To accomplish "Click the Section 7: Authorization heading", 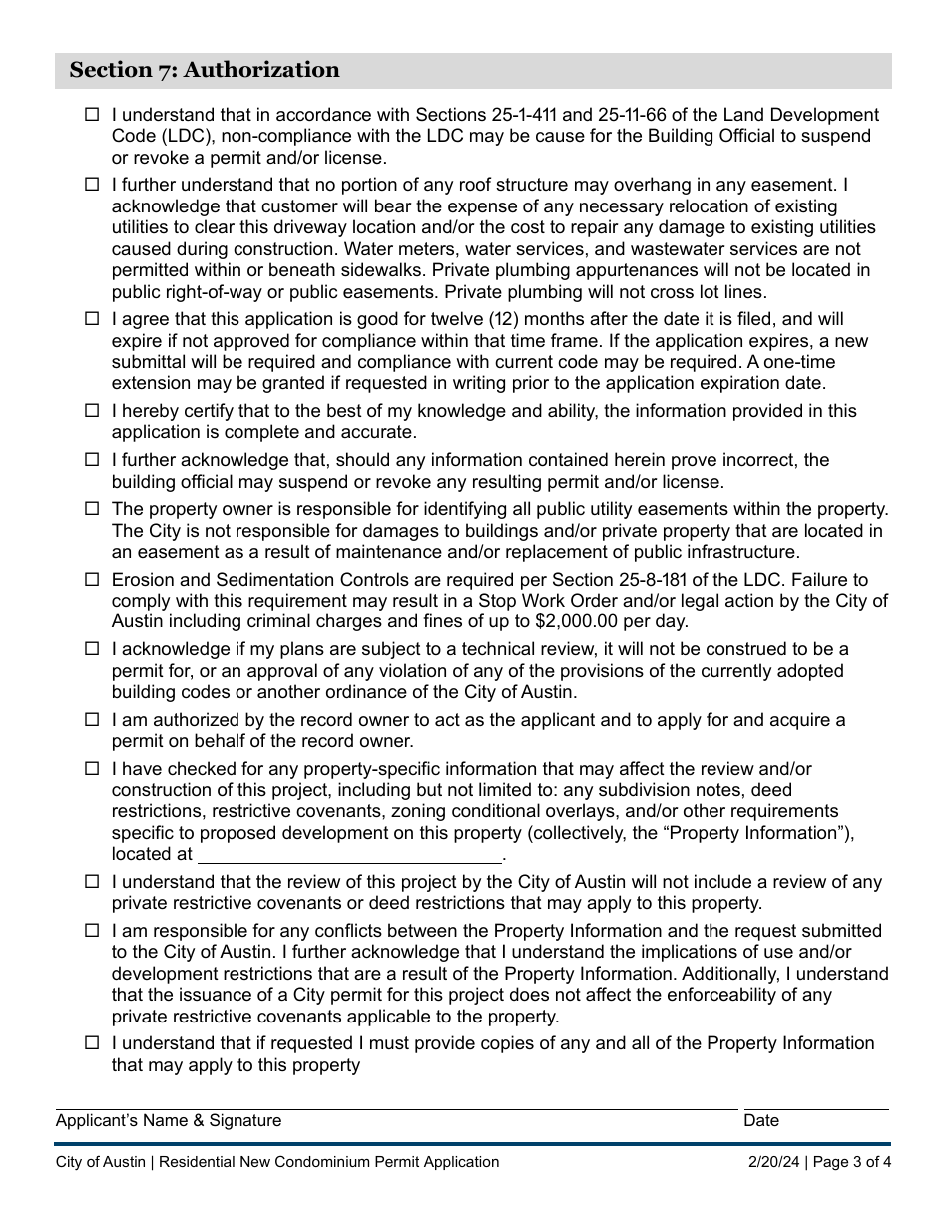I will point(205,70).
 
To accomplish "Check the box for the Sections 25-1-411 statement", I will point(92,116).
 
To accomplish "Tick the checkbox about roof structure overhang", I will point(92,185).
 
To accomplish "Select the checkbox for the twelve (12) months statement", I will point(92,319).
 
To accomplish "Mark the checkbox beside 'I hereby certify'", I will point(92,411).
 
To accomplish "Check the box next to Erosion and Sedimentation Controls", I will point(92,580).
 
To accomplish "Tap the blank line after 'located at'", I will point(349,855).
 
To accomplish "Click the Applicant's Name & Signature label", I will point(169,1121).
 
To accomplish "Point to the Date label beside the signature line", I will point(761,1121).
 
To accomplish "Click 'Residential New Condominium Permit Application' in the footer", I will point(329,1162).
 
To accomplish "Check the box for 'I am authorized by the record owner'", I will point(92,720).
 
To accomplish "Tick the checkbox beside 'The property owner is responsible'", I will point(92,509).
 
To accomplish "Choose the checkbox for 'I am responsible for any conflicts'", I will point(92,931).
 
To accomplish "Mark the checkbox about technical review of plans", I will point(92,649).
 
